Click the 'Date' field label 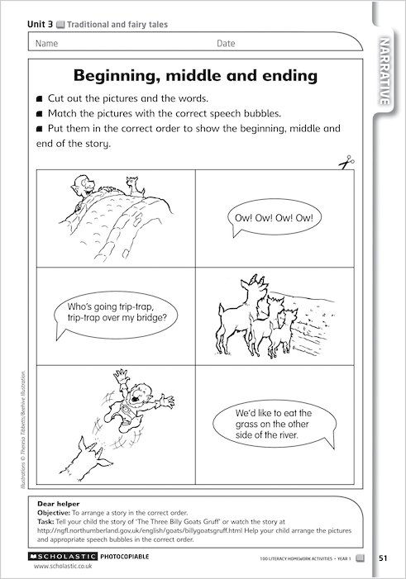[x=226, y=43]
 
